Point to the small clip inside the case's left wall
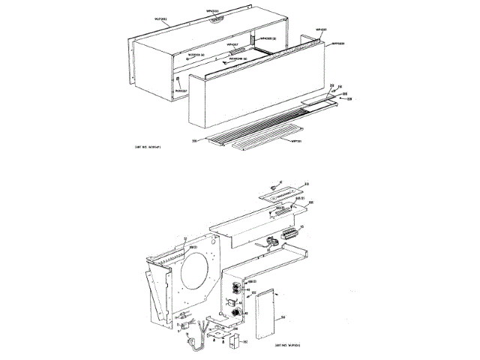[179, 77]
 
